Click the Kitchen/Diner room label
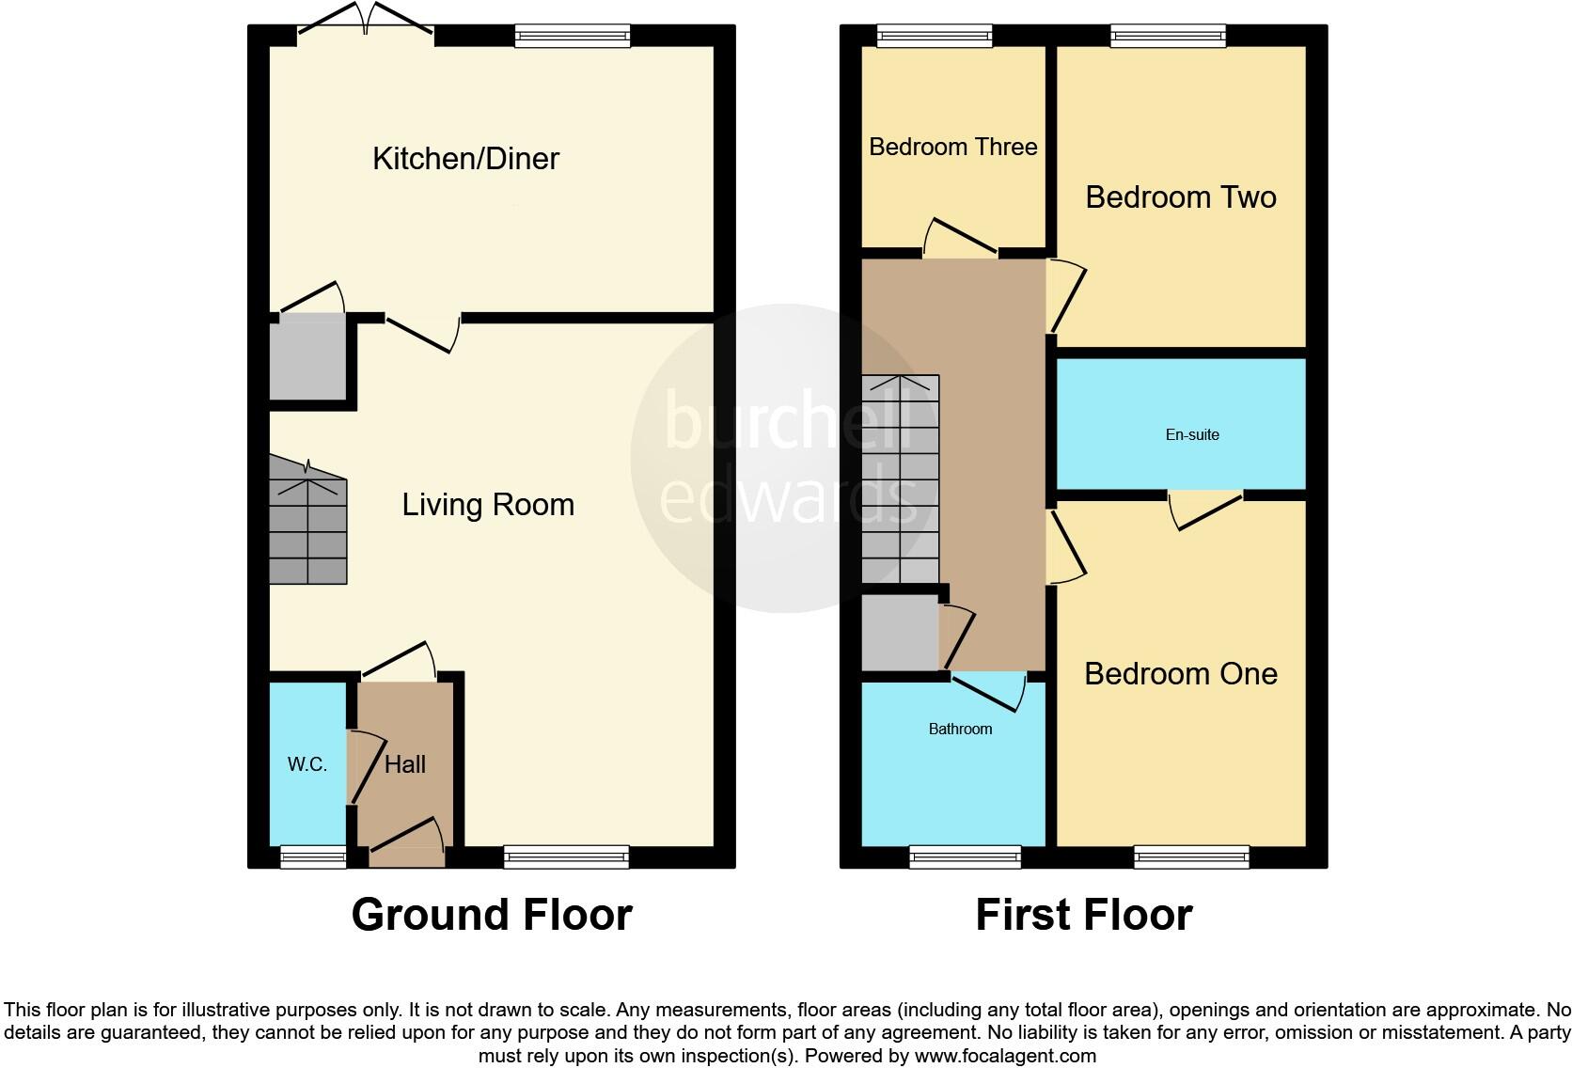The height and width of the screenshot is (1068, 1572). point(465,158)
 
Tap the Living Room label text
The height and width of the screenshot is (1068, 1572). point(488,505)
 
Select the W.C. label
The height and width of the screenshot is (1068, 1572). point(307,764)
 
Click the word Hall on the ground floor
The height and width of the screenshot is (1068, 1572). point(405,764)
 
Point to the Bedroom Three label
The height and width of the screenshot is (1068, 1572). point(952,147)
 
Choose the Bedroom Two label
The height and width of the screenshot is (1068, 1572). point(1181,197)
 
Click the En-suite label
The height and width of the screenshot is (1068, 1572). point(1192,434)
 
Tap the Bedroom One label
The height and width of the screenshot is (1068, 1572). point(1181,674)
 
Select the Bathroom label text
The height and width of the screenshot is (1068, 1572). point(960,729)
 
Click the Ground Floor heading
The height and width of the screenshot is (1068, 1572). point(492,915)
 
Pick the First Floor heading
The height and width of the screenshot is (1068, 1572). point(1083,915)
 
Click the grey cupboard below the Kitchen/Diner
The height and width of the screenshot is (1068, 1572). point(307,357)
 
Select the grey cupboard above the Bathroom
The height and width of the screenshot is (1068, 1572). point(900,632)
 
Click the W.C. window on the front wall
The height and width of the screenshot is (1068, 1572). point(313,856)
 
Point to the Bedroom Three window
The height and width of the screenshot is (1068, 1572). point(935,36)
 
